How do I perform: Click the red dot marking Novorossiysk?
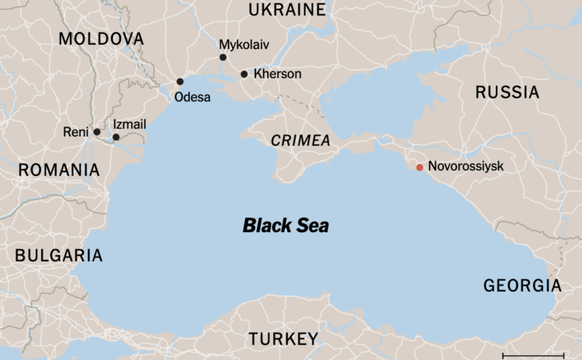point(420,167)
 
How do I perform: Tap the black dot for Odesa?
point(180,81)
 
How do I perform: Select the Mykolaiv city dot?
point(223,57)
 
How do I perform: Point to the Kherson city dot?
point(244,74)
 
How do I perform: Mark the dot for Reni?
point(97,132)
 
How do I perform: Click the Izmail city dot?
point(116,137)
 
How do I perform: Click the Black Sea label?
point(286,226)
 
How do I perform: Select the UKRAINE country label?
point(286,10)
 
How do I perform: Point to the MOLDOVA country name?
point(101,40)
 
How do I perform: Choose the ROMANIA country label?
point(59,170)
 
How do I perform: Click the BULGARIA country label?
point(58,254)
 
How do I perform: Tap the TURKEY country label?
point(283,339)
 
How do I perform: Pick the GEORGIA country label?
point(521,285)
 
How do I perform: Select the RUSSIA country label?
point(507,92)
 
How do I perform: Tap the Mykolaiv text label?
point(244,44)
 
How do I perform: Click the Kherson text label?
point(276,74)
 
